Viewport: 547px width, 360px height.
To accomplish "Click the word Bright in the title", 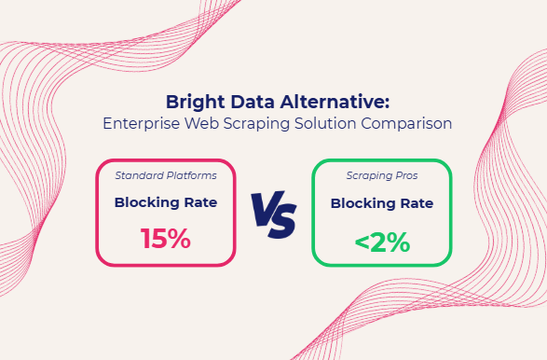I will coord(192,102).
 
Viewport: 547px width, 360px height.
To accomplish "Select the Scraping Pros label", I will coord(382,175).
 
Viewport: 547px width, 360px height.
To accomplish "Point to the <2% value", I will coord(382,242).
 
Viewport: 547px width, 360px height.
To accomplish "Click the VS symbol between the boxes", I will coord(273,214).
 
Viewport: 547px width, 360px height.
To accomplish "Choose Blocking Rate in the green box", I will coord(382,202).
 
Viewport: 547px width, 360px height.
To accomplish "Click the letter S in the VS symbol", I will coord(283,216).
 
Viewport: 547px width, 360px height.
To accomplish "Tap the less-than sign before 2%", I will coord(362,242).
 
